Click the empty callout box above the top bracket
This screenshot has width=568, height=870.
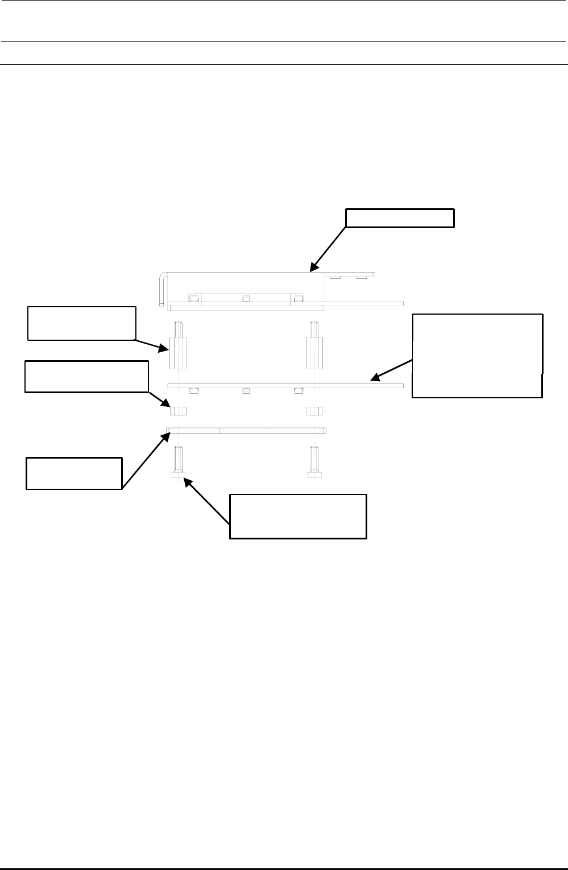[400, 218]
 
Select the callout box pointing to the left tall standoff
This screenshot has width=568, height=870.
[82, 323]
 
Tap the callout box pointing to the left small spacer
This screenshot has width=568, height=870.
[86, 376]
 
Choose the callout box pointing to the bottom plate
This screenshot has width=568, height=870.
[74, 473]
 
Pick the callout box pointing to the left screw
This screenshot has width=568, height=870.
[298, 516]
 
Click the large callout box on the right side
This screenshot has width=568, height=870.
[477, 355]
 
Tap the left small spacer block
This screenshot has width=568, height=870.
[178, 410]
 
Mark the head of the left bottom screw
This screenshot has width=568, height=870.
[178, 474]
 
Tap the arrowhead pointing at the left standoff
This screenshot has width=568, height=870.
[165, 348]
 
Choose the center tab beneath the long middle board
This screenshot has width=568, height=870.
[246, 390]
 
